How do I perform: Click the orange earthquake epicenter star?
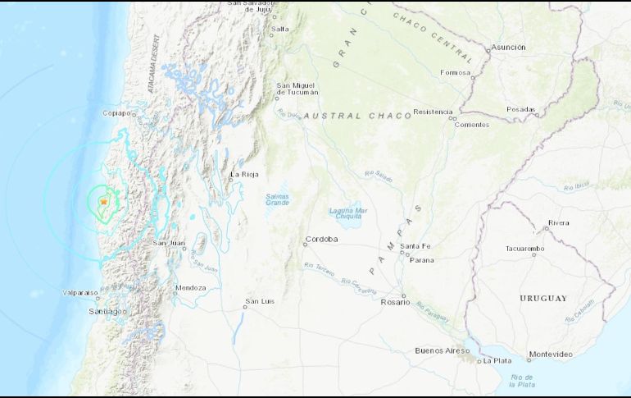point(104,202)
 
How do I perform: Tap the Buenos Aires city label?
point(441,350)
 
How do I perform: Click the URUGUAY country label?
point(542,298)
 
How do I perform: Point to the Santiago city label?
point(107,312)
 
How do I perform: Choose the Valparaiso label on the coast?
point(80,292)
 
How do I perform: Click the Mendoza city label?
point(190,288)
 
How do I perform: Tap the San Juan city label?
point(169,243)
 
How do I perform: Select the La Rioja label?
point(244,174)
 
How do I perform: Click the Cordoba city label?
point(320,240)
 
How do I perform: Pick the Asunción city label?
point(508,48)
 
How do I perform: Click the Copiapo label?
point(118,113)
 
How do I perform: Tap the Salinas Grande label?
point(278,199)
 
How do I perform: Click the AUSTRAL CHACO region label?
point(357,117)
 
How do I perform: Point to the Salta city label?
point(280,29)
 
